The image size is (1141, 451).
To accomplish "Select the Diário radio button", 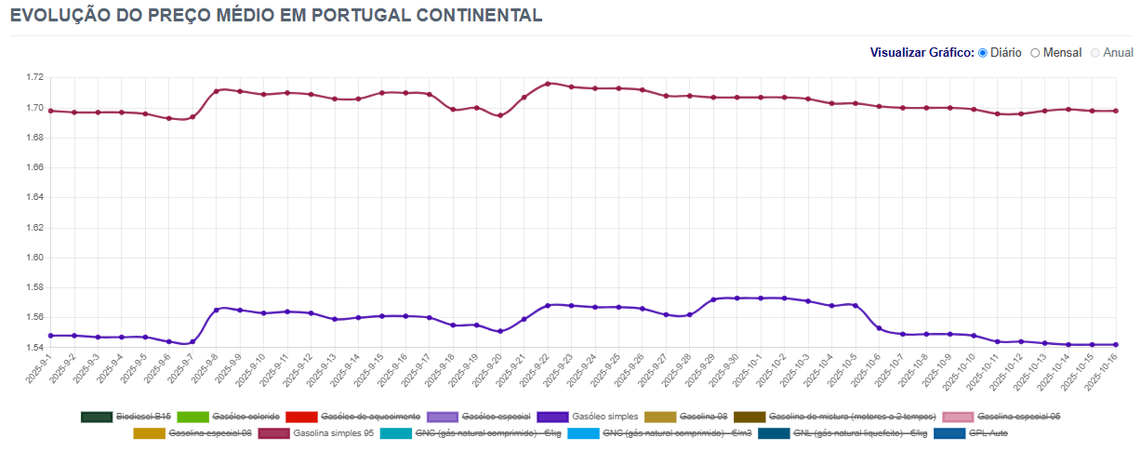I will (983, 53).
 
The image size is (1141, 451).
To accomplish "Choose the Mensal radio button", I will (1035, 53).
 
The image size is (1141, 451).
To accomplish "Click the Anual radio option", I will (1095, 53).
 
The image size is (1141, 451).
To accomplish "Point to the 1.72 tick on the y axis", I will (33, 78).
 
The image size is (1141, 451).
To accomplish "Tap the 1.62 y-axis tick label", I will (33, 228).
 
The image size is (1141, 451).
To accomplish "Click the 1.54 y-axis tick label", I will (33, 348).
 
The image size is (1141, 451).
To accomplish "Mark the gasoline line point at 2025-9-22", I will (548, 84).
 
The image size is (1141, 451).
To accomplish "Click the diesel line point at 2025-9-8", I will (216, 310).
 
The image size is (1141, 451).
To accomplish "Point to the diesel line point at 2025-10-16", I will (1116, 344).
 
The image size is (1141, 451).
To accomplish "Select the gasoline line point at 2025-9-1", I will (50, 111).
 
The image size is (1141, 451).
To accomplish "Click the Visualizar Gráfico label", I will (922, 53).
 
